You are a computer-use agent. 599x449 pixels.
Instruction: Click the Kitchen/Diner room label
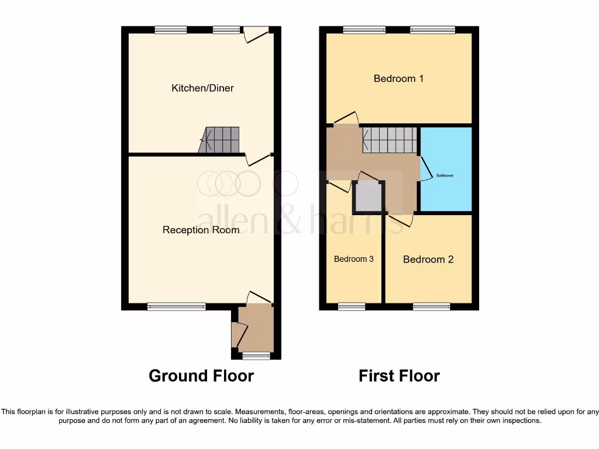[x=202, y=88]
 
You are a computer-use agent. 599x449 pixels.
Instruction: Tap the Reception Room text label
[x=201, y=230]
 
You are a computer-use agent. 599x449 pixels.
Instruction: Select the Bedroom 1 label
[x=398, y=78]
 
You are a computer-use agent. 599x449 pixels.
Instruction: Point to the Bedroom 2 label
[x=428, y=260]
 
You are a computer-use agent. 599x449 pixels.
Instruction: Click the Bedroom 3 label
[x=353, y=259]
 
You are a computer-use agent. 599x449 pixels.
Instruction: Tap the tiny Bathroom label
[x=446, y=175]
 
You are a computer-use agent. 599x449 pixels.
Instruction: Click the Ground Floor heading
[x=201, y=375]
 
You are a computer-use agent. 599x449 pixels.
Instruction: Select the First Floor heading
[x=399, y=375]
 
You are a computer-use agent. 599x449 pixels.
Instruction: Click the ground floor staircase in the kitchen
[x=221, y=140]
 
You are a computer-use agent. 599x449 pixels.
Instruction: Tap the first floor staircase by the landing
[x=390, y=140]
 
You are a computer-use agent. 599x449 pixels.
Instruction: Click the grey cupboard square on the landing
[x=368, y=197]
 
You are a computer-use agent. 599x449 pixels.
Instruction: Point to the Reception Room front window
[x=176, y=306]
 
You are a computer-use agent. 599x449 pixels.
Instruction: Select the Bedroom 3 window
[x=352, y=306]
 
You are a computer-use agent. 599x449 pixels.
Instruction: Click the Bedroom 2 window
[x=432, y=306]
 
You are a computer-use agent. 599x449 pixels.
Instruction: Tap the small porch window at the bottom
[x=256, y=355]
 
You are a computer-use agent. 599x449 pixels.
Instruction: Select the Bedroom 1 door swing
[x=346, y=118]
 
